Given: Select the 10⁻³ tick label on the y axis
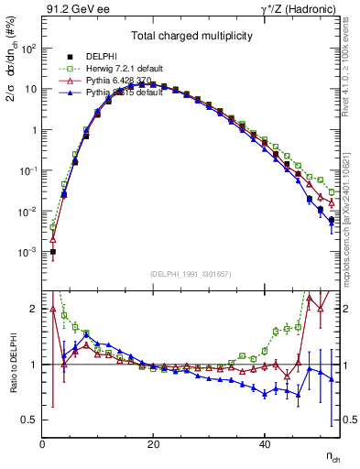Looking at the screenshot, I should click(27, 252).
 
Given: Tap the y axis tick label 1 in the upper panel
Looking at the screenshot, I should click(33, 130).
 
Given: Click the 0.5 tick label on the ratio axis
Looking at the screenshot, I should click(28, 420).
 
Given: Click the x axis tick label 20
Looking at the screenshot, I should click(153, 444).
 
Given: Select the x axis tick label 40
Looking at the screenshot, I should click(265, 444).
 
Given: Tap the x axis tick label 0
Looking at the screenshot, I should click(42, 444).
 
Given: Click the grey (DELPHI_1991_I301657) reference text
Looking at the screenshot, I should click(191, 274).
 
